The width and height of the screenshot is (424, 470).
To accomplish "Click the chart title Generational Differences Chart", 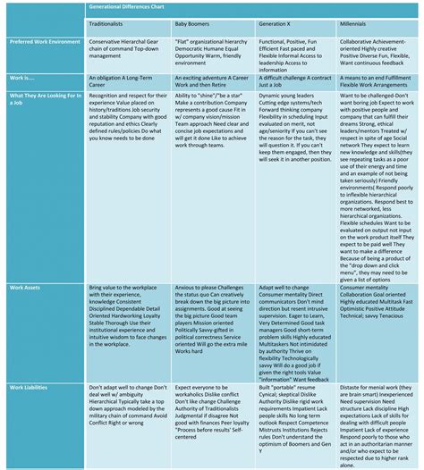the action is pos(138,6).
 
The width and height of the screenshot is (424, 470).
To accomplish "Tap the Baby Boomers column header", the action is pos(193,25).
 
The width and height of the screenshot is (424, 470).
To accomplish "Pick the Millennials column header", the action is pos(361,25).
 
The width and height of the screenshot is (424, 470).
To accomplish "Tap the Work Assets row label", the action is pos(27,289).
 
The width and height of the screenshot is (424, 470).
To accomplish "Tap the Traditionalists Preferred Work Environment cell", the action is pos(125,51).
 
